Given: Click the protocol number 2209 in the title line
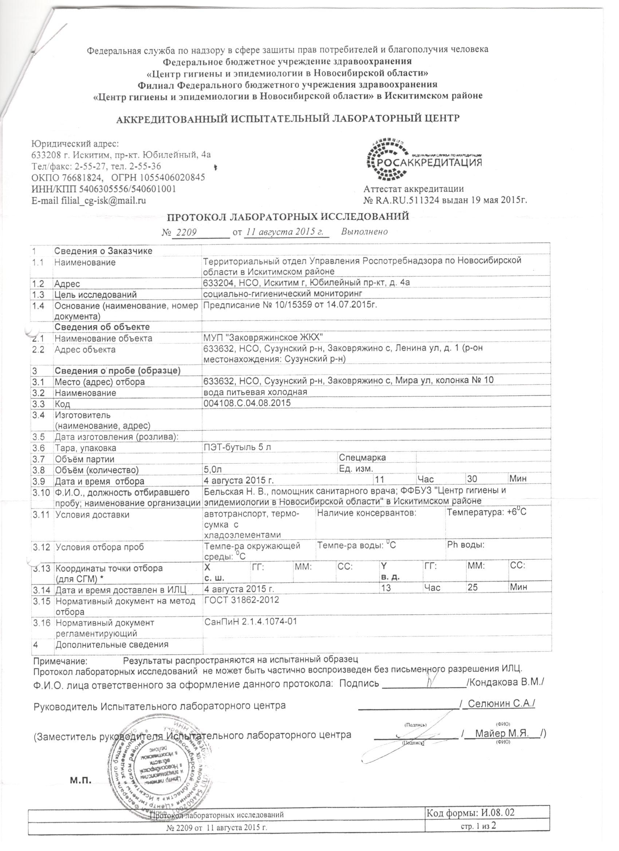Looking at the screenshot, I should (187, 232).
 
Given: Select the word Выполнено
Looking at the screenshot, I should (364, 231).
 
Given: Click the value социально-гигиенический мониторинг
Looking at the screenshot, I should (284, 294).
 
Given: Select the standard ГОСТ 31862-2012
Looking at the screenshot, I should (241, 610).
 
